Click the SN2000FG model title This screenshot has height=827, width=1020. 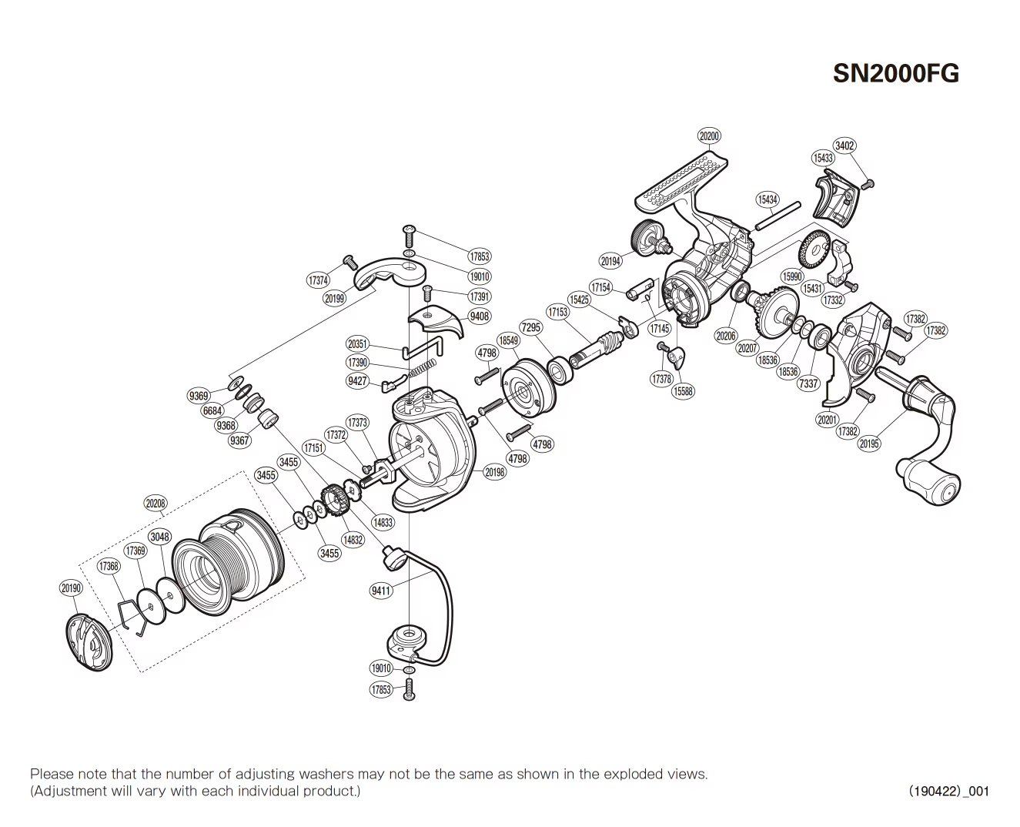click(x=896, y=73)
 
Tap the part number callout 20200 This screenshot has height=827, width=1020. click(x=709, y=136)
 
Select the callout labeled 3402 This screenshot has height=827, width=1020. click(x=844, y=146)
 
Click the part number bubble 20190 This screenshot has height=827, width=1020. click(x=70, y=588)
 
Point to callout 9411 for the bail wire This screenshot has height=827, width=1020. click(x=381, y=591)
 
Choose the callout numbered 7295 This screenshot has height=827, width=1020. click(x=531, y=327)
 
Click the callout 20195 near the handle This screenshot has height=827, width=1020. click(x=869, y=444)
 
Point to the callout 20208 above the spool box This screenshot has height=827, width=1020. click(x=155, y=504)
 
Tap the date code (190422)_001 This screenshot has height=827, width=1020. click(x=948, y=791)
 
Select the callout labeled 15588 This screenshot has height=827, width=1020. click(x=682, y=391)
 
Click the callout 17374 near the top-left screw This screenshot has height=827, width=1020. click(x=318, y=280)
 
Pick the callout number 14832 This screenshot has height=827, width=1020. click(x=353, y=540)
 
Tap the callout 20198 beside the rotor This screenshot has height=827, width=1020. click(x=495, y=472)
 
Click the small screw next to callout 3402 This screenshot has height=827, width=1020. click(x=869, y=183)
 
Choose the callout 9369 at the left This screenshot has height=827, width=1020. click(x=199, y=396)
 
